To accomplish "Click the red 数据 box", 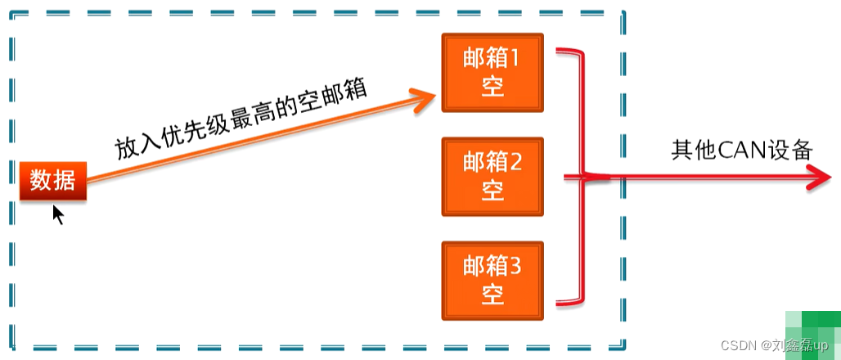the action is [53, 181].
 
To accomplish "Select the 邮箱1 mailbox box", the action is [492, 73].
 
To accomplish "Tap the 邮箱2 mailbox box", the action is [492, 176].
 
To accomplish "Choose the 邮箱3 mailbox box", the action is [492, 280].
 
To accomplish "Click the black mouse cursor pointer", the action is [57, 214].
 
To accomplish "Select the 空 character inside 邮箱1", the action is [492, 87].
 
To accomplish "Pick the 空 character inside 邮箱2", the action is [492, 190].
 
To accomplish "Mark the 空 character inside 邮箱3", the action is [492, 294].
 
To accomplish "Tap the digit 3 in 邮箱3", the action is [515, 266].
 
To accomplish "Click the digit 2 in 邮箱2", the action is [515, 162].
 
